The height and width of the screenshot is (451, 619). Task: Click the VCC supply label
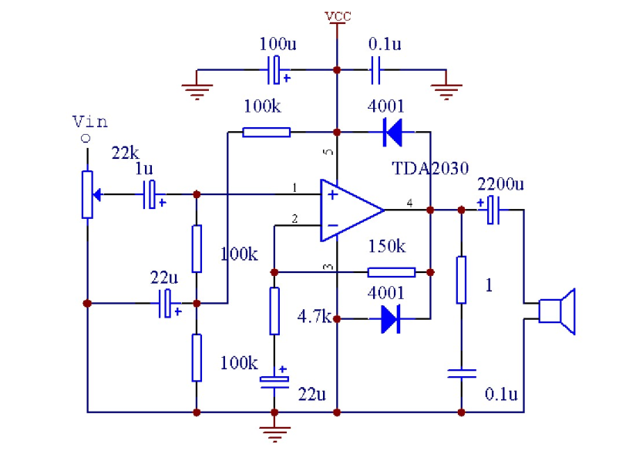(x=337, y=15)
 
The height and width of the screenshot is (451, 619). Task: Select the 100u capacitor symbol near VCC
(x=275, y=70)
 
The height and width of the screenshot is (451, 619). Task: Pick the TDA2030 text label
(x=430, y=169)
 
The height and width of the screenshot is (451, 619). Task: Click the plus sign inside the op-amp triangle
(x=332, y=194)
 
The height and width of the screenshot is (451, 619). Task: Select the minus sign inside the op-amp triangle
(x=332, y=225)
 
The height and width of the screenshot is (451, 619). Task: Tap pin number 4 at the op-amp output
(x=409, y=203)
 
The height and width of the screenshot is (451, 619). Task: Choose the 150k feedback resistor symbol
(x=391, y=271)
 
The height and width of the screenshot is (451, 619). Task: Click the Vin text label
(x=89, y=122)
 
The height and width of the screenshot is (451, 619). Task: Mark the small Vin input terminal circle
(x=86, y=138)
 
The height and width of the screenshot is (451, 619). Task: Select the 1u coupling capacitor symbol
(x=154, y=194)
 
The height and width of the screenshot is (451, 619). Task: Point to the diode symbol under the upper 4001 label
(x=392, y=133)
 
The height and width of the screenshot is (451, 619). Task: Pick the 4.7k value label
(x=315, y=316)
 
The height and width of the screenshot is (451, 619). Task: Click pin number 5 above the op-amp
(x=330, y=153)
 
